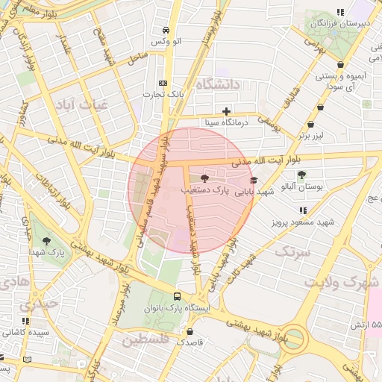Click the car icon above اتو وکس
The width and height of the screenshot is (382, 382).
click(x=166, y=31)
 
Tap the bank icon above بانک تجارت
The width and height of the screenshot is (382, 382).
click(x=163, y=84)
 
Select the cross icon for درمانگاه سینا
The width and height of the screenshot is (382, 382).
click(x=227, y=111)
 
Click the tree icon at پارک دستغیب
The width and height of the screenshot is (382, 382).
click(x=205, y=178)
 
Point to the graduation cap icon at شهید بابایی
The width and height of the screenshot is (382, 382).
click(x=254, y=180)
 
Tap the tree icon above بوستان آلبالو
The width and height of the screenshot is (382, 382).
click(x=301, y=175)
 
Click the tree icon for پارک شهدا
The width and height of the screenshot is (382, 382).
click(x=47, y=241)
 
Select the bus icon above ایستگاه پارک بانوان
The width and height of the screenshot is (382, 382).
click(x=178, y=296)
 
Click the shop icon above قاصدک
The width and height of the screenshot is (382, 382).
click(x=190, y=332)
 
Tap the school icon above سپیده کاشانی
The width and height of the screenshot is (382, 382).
click(x=26, y=321)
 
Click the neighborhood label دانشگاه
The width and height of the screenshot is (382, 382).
click(x=218, y=85)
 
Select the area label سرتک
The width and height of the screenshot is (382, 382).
click(x=292, y=251)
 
